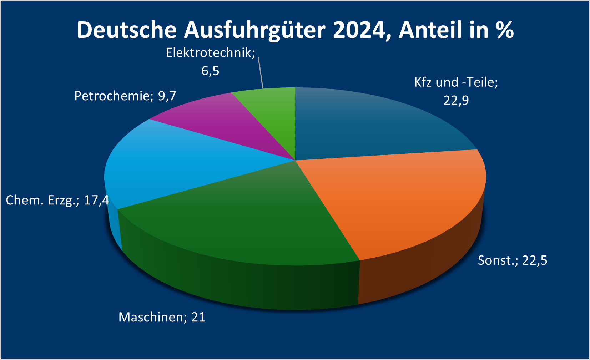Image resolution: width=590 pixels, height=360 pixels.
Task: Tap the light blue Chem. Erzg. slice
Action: click(x=171, y=164)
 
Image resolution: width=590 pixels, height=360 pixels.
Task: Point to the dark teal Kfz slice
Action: click(x=368, y=125)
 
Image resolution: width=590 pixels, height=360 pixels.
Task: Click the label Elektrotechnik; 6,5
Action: click(x=211, y=62)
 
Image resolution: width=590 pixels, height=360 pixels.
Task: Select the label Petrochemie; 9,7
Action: click(x=125, y=96)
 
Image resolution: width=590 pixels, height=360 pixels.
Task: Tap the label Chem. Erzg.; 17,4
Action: click(x=57, y=200)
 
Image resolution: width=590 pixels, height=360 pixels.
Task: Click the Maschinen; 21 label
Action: click(x=162, y=317)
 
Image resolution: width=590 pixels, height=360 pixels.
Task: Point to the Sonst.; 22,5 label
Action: click(x=512, y=260)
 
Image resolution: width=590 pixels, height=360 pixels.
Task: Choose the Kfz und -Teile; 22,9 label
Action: click(x=456, y=91)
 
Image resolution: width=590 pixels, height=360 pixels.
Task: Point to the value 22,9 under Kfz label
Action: click(x=456, y=101)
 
